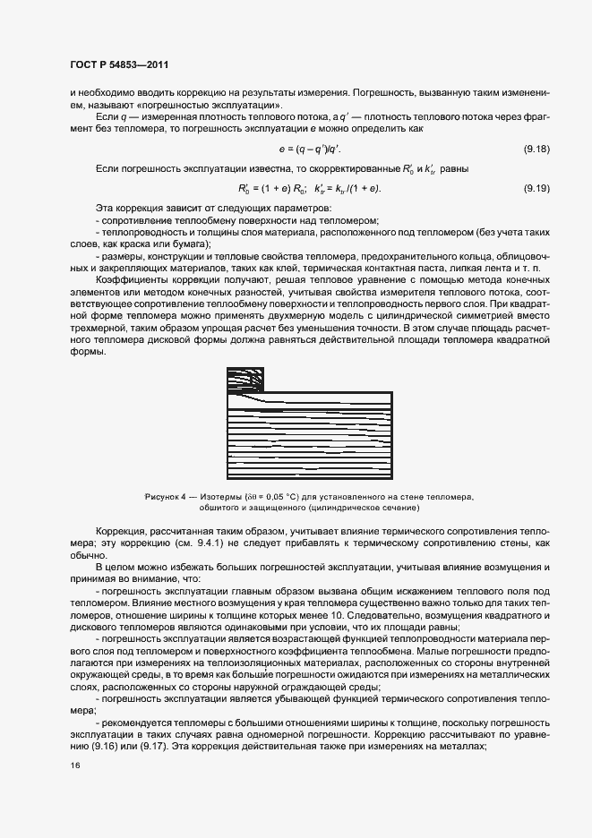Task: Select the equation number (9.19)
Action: tap(536, 188)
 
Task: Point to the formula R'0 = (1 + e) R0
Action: tap(272, 188)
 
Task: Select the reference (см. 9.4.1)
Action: tap(187, 543)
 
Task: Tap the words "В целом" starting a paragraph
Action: tap(111, 567)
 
